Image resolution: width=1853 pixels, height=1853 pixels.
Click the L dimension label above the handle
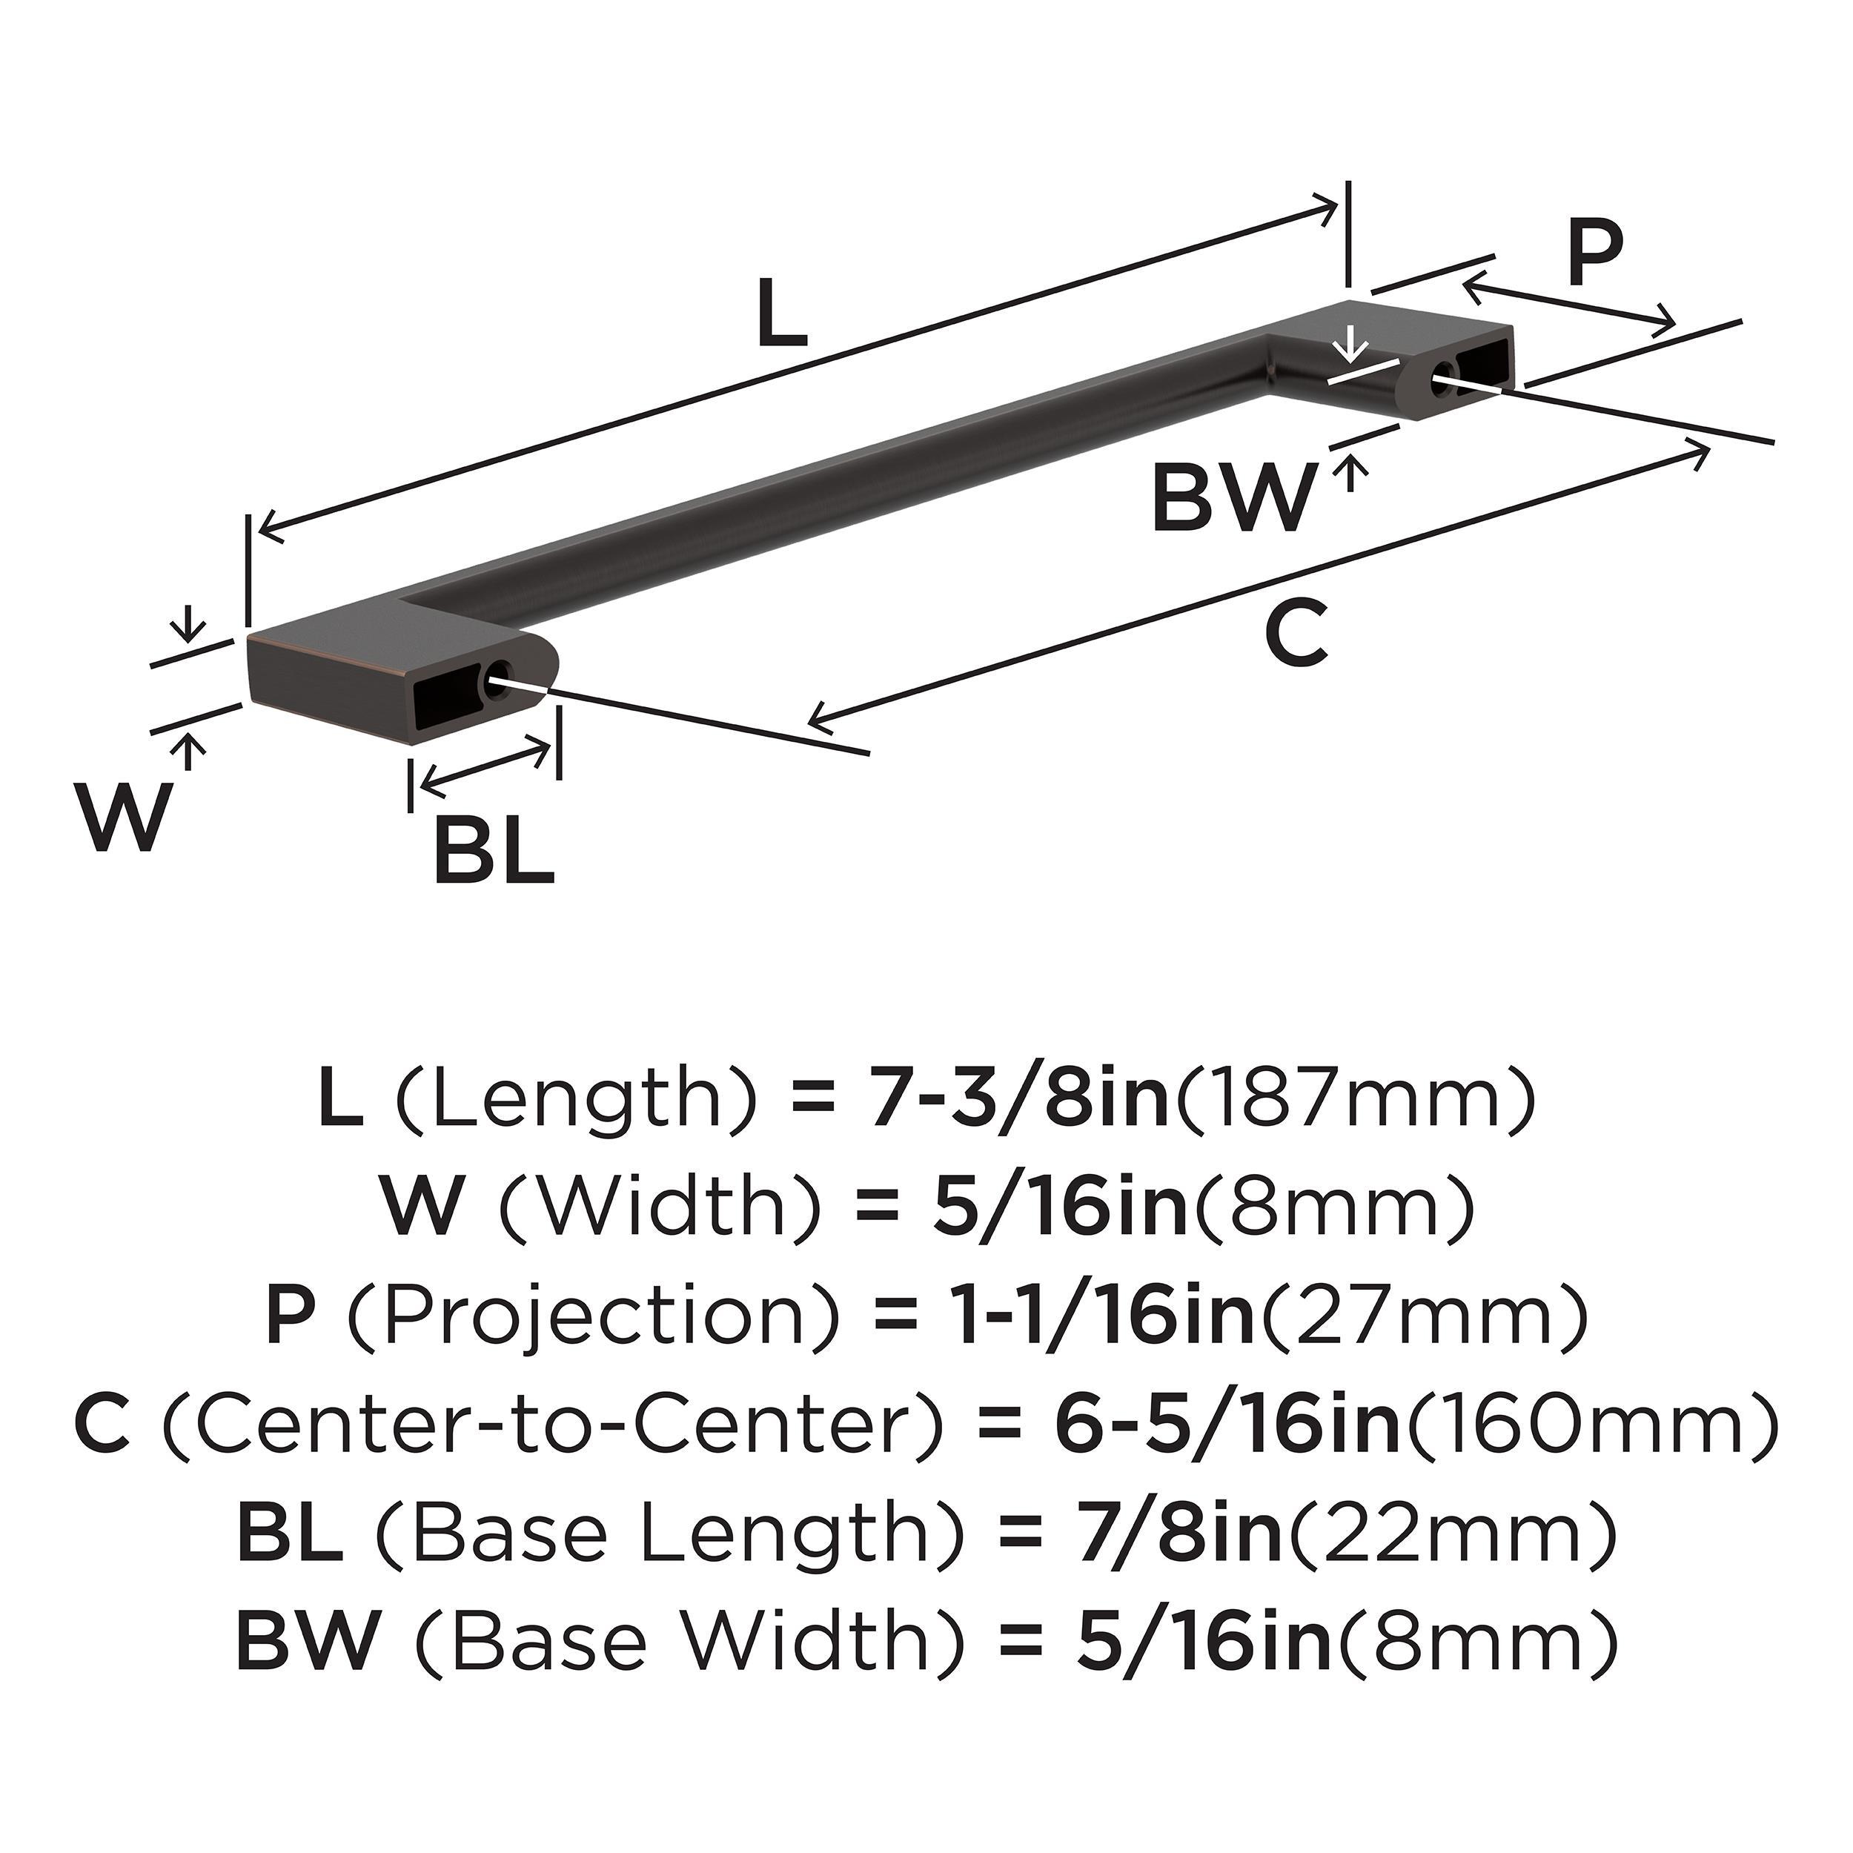(782, 313)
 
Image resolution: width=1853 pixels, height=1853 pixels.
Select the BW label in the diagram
(1231, 498)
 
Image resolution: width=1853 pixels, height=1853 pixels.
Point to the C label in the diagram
(1296, 633)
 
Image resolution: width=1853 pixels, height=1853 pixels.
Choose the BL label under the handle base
(493, 851)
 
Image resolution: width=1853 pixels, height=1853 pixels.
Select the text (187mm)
(1355, 1102)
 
